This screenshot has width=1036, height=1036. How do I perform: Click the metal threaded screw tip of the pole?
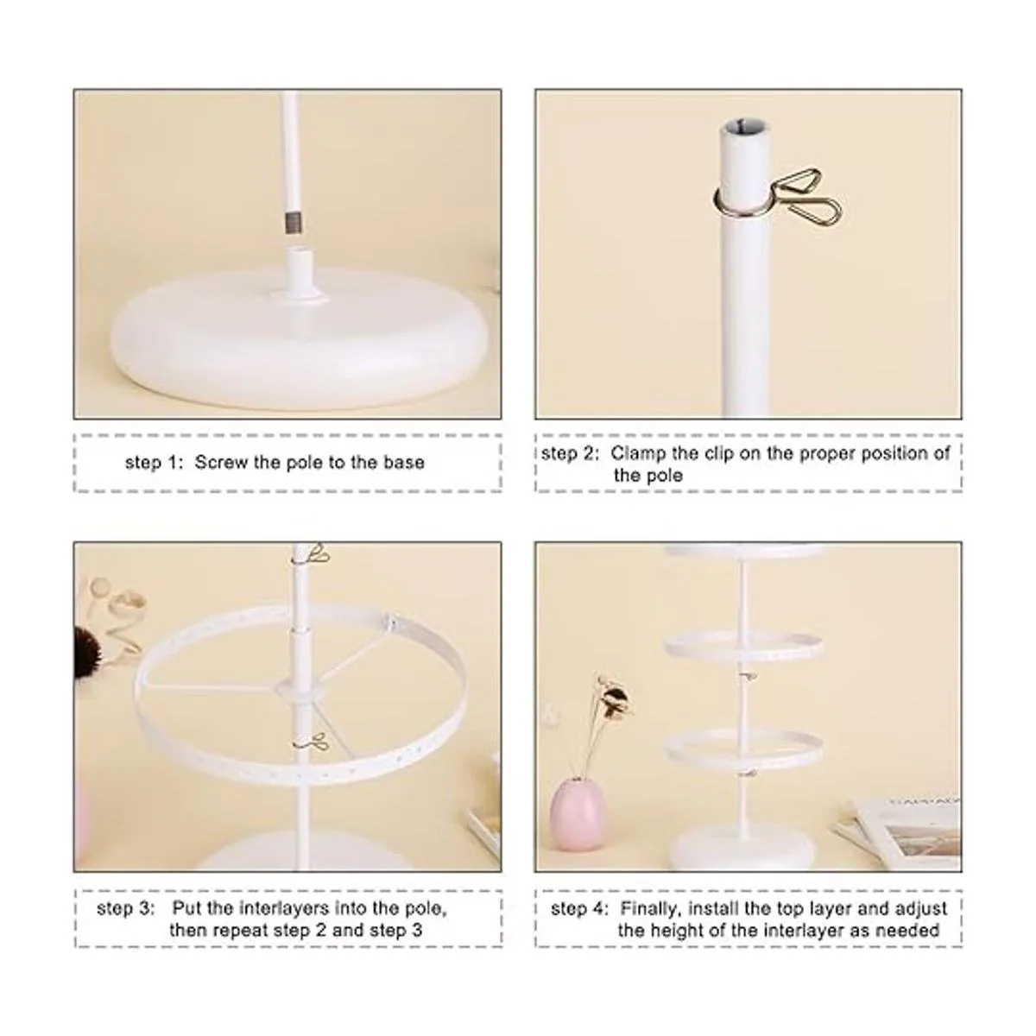(293, 223)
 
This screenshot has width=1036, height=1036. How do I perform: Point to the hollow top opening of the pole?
(745, 129)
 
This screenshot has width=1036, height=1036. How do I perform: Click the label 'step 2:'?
(570, 453)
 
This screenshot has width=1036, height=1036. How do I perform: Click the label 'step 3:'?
(125, 908)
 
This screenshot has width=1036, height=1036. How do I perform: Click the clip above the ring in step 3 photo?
(312, 553)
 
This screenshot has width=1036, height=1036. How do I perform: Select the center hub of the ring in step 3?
(301, 692)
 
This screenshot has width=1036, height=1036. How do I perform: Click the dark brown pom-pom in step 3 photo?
(91, 651)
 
